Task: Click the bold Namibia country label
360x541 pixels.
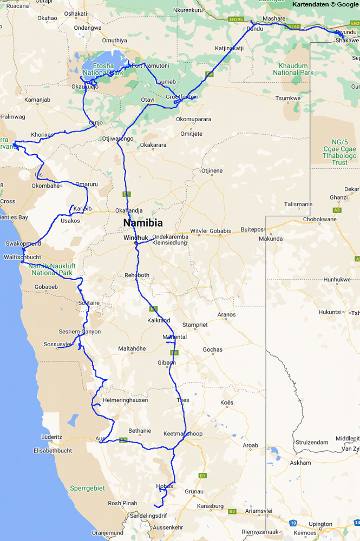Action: (x=143, y=222)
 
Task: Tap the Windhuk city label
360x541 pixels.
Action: (x=135, y=237)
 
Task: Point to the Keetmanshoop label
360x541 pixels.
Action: (x=183, y=434)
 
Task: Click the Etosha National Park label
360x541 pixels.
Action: (x=101, y=69)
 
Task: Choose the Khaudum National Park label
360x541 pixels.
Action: (x=293, y=69)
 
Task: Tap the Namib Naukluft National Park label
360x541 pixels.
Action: (x=53, y=269)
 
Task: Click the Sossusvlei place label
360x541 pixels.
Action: (x=57, y=344)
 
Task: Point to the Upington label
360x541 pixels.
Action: (x=320, y=524)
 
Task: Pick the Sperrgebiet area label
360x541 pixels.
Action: (x=87, y=488)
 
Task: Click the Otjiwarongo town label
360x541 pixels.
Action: (x=118, y=138)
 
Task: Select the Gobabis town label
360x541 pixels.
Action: (x=220, y=231)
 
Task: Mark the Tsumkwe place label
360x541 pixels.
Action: (x=288, y=98)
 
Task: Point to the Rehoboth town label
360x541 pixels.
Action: (x=137, y=275)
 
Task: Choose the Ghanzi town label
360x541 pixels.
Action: (x=338, y=197)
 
